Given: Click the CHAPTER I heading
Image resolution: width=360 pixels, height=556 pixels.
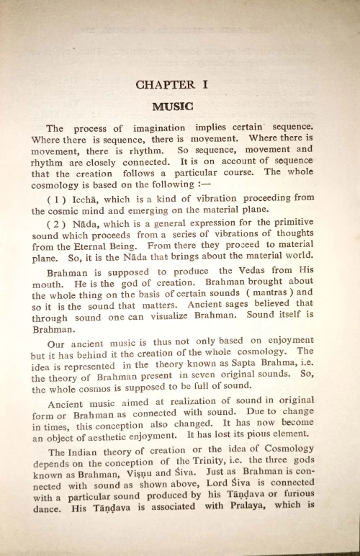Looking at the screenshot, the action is click(x=173, y=84).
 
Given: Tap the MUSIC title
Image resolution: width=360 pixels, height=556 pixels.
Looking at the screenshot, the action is click(x=173, y=106).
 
